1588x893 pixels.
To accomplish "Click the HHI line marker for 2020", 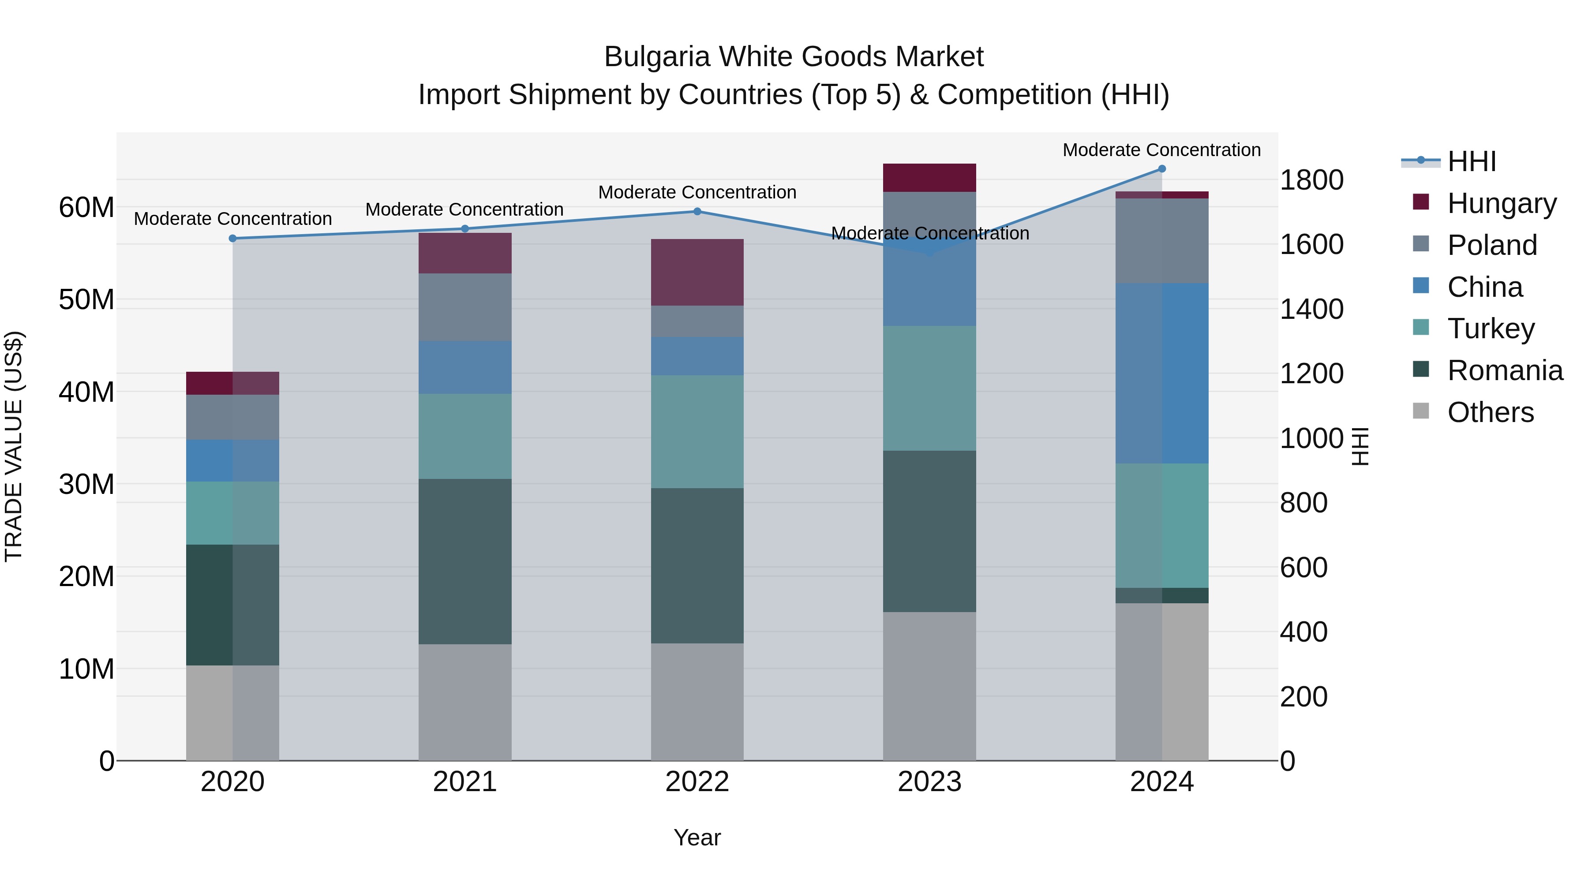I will [x=232, y=239].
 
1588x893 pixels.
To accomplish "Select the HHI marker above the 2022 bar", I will [x=697, y=211].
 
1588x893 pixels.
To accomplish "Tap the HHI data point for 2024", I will [x=1162, y=169].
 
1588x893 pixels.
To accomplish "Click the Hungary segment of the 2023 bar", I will [x=929, y=178].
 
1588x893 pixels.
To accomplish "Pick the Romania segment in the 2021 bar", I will [x=465, y=561].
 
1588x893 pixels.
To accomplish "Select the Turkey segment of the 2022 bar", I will [x=697, y=432].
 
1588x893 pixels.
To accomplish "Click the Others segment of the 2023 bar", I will [x=929, y=686].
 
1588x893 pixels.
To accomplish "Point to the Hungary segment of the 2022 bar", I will [x=697, y=273].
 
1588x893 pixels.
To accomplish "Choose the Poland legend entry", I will [x=1491, y=245].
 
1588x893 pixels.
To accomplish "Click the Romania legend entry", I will [x=1504, y=370].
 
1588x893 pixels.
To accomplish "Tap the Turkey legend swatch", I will [x=1420, y=327].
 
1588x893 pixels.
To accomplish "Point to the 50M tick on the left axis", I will [x=86, y=299].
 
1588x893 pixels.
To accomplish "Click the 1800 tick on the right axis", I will [x=1312, y=180].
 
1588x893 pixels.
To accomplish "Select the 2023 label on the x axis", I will [x=929, y=782].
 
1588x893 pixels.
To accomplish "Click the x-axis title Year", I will [x=697, y=837].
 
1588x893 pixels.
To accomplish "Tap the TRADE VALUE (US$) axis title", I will [x=14, y=446].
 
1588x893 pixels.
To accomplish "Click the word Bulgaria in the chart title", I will [x=656, y=57].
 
